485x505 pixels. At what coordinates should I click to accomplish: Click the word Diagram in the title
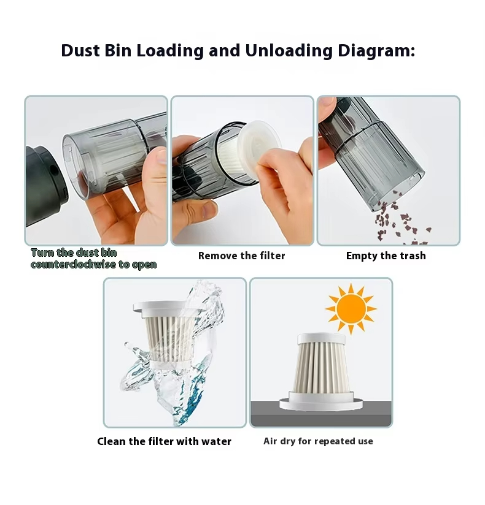point(376,51)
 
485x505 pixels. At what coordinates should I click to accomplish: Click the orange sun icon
point(351,309)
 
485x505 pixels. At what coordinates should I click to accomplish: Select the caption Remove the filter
point(242,256)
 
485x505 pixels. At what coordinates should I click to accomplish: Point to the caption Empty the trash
point(386,256)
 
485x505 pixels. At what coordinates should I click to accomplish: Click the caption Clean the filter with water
point(165,441)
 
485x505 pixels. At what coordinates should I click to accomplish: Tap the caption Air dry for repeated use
point(318,441)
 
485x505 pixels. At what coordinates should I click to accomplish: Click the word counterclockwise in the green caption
point(73,264)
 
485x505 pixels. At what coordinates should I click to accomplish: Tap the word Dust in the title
point(80,51)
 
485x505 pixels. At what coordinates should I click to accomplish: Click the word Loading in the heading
point(170,51)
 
